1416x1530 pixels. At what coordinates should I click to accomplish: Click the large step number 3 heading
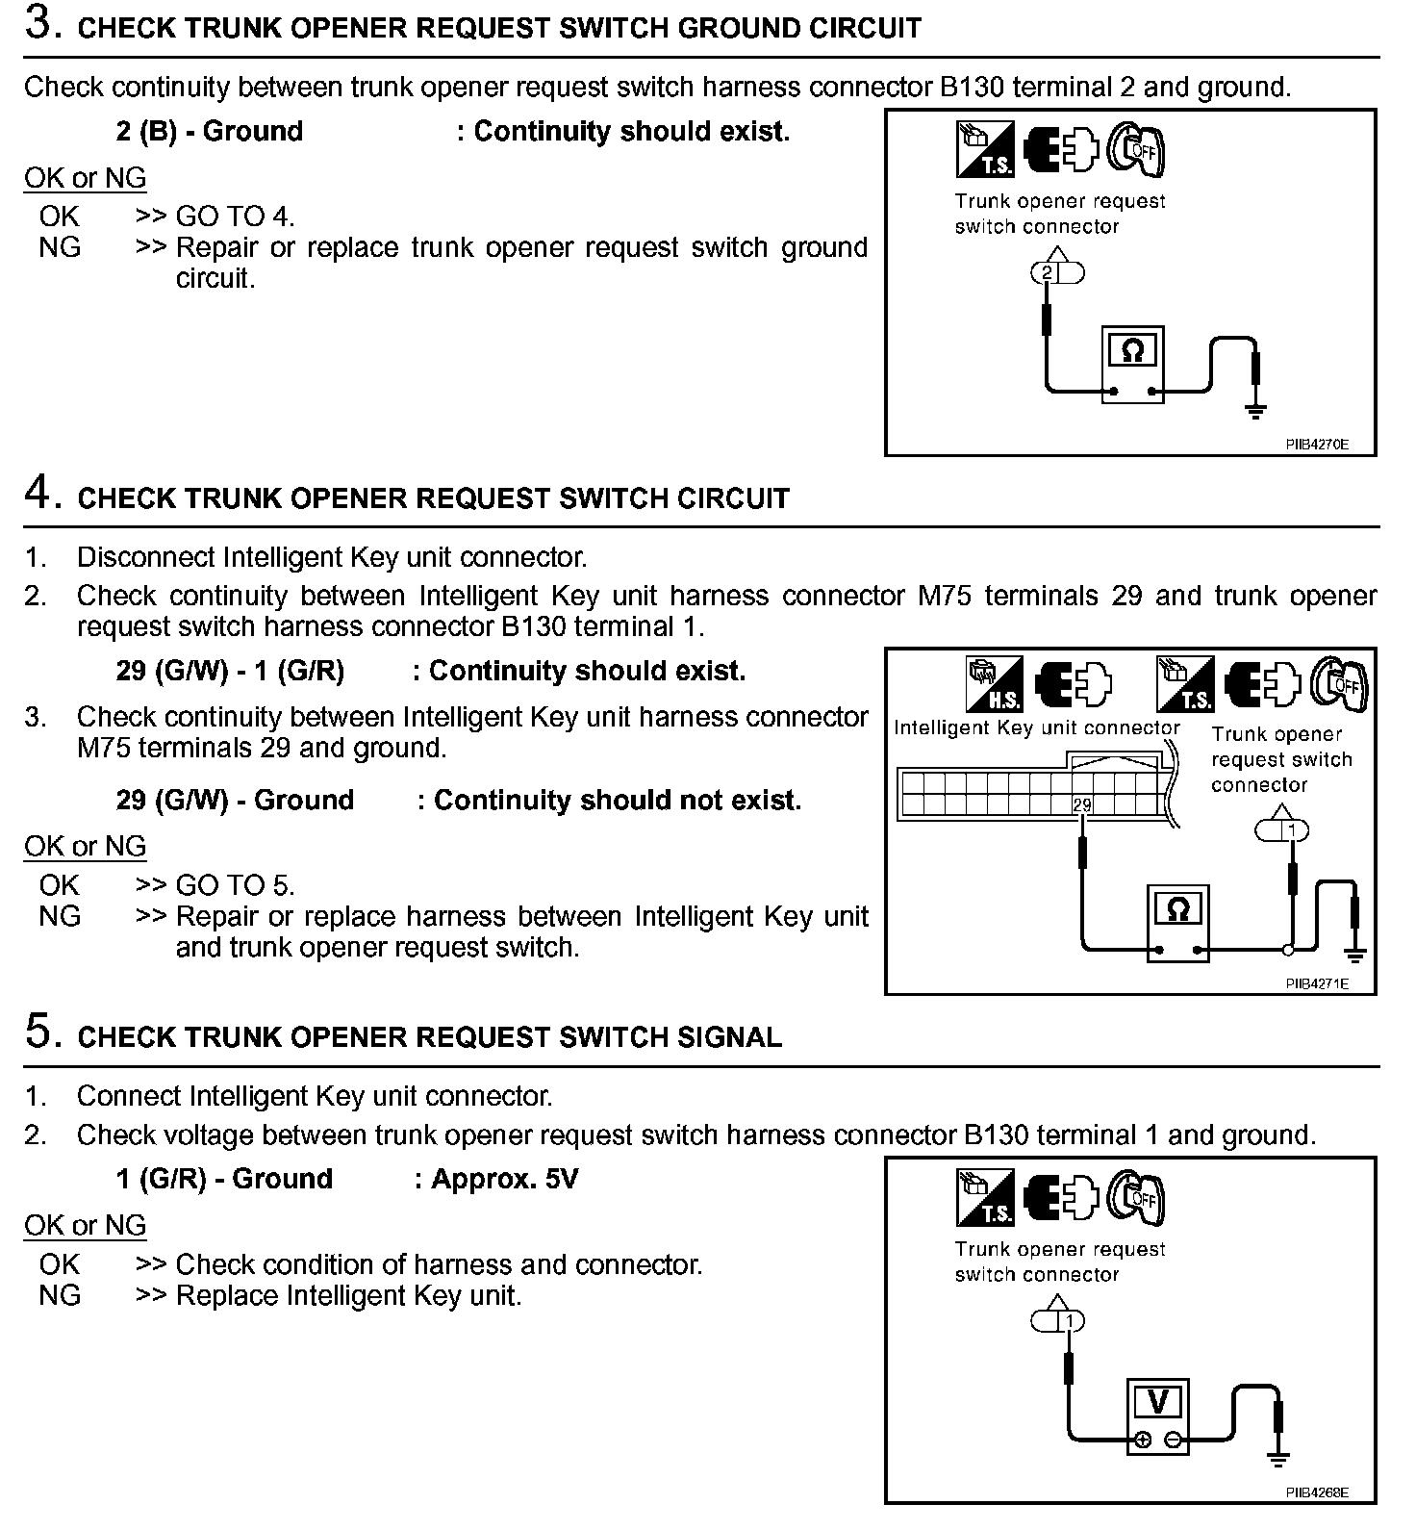click(38, 24)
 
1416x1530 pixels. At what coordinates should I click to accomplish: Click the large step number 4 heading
click(38, 495)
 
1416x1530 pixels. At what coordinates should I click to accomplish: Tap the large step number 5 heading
click(38, 1033)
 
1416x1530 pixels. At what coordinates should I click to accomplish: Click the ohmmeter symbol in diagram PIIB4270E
click(1132, 351)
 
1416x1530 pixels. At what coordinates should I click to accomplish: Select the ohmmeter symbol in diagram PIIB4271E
click(1177, 909)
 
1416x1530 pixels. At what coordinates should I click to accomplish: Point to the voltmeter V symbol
click(1158, 1403)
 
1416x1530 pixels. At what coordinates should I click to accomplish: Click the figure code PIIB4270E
click(1317, 445)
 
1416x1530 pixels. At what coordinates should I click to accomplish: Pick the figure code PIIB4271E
click(1317, 983)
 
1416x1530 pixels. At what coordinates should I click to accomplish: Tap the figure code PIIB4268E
click(1317, 1492)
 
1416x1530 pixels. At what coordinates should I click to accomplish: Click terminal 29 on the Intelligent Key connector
click(1082, 804)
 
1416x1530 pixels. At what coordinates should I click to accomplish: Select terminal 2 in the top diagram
click(1047, 273)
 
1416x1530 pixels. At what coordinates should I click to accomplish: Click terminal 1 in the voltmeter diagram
click(1068, 1321)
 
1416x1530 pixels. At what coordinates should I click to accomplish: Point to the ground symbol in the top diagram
click(1255, 412)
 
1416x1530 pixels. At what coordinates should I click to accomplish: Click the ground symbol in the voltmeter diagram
click(1278, 1461)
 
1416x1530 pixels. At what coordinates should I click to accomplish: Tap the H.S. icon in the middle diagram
click(994, 685)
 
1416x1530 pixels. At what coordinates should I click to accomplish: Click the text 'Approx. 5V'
click(504, 1179)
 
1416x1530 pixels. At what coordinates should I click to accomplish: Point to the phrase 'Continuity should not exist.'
click(617, 801)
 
